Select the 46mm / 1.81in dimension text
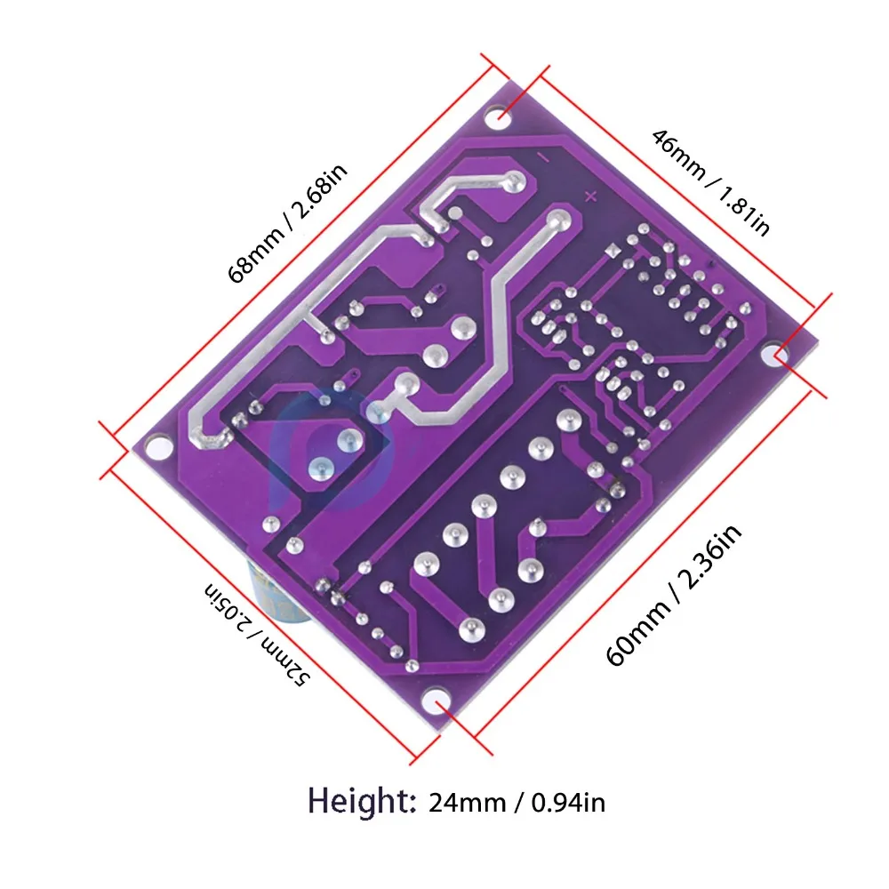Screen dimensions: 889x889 (x=710, y=182)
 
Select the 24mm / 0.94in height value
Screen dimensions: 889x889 (x=517, y=802)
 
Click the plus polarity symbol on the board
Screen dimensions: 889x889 (x=588, y=196)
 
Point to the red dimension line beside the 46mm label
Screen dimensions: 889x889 (x=676, y=191)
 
